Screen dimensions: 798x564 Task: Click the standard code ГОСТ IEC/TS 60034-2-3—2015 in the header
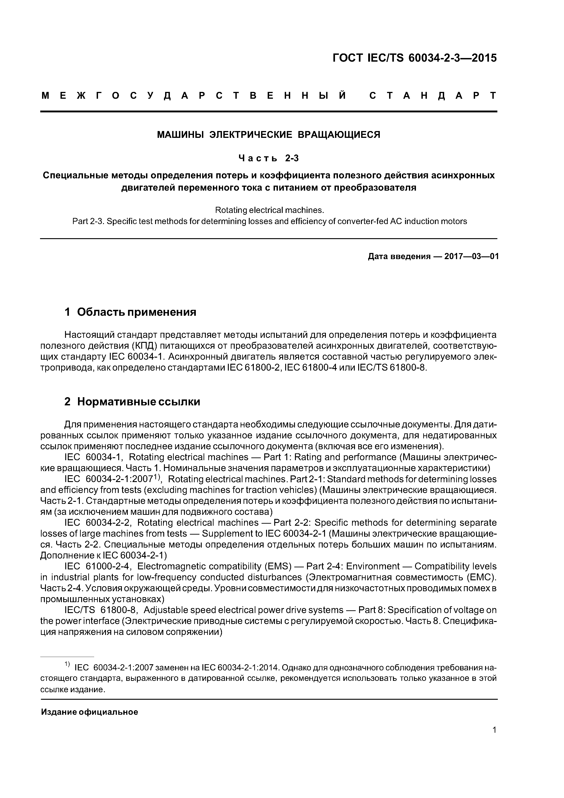[415, 58]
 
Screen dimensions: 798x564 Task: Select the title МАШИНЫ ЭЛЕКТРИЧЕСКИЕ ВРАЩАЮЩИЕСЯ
[269, 134]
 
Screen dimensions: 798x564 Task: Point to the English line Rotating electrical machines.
[269, 210]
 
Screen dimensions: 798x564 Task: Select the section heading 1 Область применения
[130, 312]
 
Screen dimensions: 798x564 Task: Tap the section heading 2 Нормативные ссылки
[132, 402]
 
